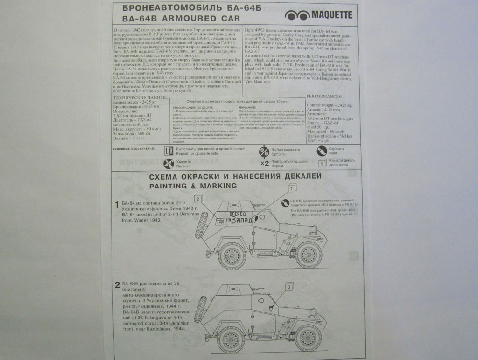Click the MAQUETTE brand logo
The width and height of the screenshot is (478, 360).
click(x=318, y=15)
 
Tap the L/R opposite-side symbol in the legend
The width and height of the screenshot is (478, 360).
click(x=169, y=151)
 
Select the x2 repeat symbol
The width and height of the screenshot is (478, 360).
click(x=265, y=163)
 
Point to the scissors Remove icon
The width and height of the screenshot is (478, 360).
click(x=169, y=163)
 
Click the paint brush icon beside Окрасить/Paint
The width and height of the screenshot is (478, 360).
click(x=322, y=151)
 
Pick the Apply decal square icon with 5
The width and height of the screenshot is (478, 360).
click(x=322, y=163)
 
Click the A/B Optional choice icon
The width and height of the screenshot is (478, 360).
click(x=264, y=151)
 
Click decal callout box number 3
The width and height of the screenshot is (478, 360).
click(x=289, y=286)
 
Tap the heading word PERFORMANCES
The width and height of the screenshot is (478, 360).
click(x=324, y=96)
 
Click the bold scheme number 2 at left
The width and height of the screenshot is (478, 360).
click(x=117, y=285)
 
